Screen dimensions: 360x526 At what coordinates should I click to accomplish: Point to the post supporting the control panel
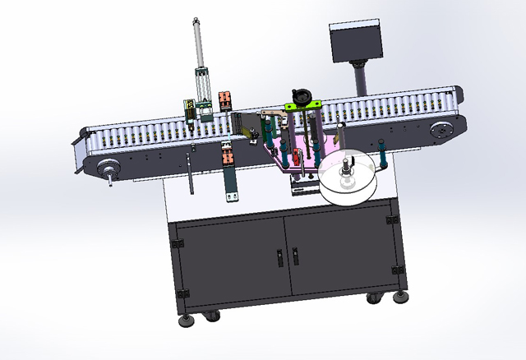click(361, 80)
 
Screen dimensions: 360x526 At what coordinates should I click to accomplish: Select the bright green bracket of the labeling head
click(302, 105)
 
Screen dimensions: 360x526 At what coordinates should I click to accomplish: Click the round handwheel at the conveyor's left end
click(108, 170)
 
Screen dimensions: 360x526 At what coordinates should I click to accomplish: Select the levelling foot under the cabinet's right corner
click(401, 295)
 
